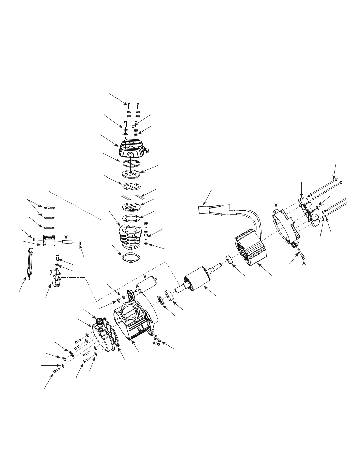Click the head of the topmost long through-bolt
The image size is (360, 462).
[x=336, y=179]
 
